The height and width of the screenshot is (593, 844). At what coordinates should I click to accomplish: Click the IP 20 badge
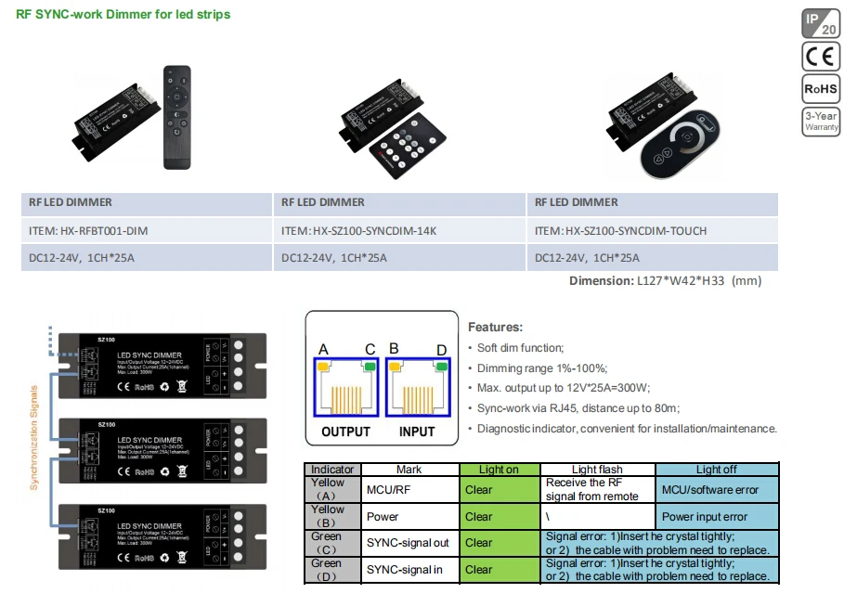click(x=821, y=22)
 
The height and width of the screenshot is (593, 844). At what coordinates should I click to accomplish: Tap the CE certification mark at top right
click(x=821, y=56)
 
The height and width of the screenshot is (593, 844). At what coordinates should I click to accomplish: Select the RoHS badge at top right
click(x=821, y=89)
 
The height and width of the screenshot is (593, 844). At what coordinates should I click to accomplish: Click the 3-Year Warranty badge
click(x=821, y=122)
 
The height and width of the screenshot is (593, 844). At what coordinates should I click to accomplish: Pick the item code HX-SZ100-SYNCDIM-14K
click(x=359, y=230)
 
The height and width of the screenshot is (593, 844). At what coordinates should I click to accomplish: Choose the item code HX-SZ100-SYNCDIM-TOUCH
click(x=620, y=230)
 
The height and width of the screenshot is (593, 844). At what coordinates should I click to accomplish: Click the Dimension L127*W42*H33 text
click(x=665, y=280)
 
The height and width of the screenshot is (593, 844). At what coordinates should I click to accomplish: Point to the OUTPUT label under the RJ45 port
click(x=345, y=432)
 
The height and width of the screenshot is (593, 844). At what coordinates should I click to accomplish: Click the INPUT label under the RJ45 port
click(x=417, y=432)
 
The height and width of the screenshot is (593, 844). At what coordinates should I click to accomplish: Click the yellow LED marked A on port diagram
click(x=323, y=367)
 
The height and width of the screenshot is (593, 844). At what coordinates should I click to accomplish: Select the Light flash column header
click(x=597, y=470)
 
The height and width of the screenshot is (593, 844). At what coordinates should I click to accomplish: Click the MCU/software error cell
click(x=710, y=490)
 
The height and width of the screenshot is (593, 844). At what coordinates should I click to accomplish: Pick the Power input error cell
click(x=705, y=517)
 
